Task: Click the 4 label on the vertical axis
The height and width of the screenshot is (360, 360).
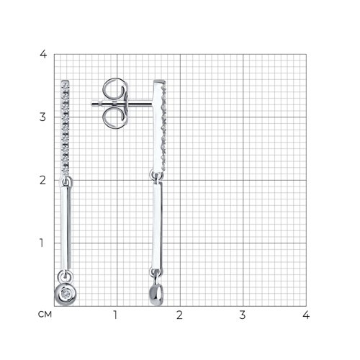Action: (43, 55)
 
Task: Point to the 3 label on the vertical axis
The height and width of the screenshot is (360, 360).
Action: (42, 117)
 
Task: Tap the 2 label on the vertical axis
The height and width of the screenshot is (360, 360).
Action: (42, 180)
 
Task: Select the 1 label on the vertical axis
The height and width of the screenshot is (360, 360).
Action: (42, 243)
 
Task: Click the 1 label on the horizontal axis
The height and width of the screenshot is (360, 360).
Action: (115, 315)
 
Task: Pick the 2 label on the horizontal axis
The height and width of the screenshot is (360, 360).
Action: (179, 315)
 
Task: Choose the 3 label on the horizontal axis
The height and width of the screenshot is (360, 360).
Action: (243, 315)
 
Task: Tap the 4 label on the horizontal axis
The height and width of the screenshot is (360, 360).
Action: (306, 315)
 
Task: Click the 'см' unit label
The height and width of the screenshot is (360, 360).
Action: (45, 315)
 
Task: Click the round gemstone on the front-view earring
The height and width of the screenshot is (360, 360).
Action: (66, 294)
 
